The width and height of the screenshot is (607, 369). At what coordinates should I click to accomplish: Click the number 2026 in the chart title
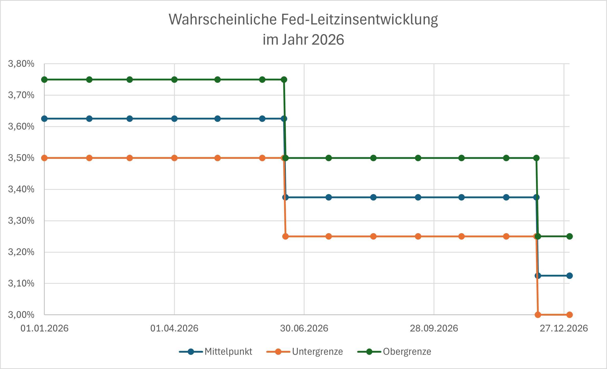coord(328,40)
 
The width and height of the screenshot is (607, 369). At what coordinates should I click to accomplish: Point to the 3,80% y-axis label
coord(21,64)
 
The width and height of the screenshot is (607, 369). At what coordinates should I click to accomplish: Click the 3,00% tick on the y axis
coord(21,315)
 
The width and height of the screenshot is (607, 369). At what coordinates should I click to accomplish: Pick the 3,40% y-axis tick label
coord(21,189)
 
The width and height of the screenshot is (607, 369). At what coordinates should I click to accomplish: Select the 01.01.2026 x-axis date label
coord(44,328)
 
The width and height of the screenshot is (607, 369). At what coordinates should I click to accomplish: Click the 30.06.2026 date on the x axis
coord(304,328)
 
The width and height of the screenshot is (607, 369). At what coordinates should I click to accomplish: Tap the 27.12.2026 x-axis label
coord(564,328)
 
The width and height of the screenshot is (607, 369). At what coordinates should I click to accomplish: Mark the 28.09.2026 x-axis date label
coord(434,328)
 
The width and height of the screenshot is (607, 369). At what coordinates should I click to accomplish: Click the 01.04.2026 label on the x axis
coord(174,328)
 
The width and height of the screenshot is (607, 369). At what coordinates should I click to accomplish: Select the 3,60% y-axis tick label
coord(21,126)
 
